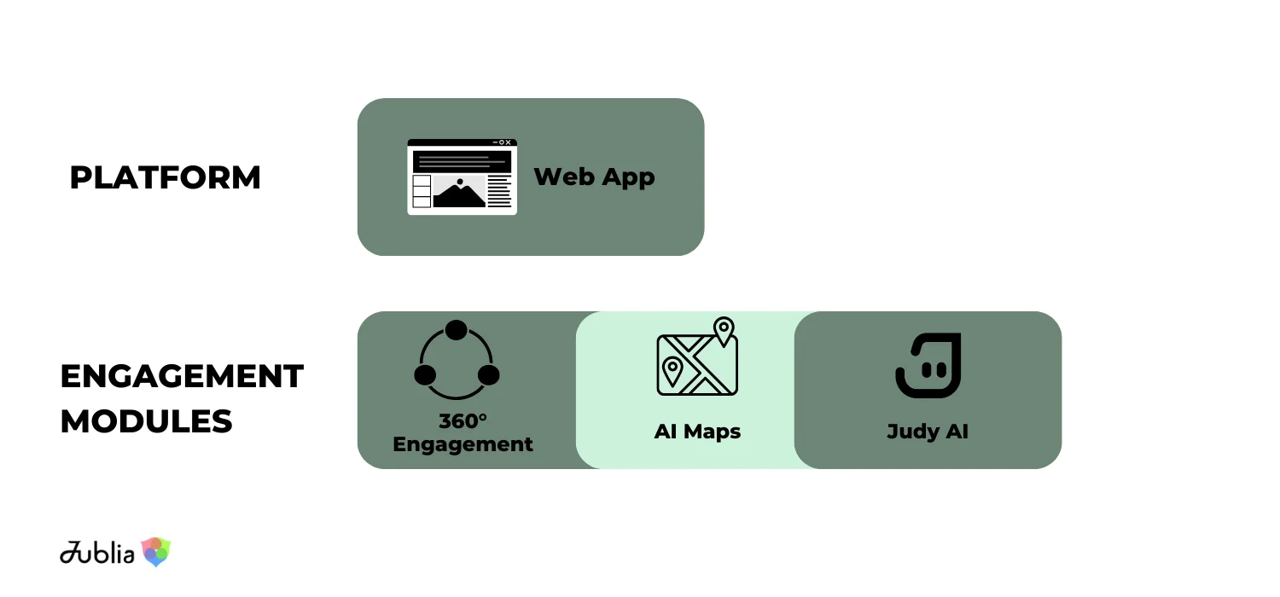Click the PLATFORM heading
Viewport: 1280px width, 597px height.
point(165,177)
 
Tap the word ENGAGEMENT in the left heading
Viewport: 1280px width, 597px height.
point(182,376)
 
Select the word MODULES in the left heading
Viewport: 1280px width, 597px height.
point(146,421)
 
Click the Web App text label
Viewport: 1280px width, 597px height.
point(594,177)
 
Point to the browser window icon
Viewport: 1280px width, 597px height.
point(462,177)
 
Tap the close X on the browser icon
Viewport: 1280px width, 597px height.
point(509,142)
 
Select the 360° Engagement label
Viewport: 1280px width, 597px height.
point(463,432)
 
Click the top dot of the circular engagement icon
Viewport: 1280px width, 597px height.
point(457,330)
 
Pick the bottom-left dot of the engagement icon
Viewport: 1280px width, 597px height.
point(425,374)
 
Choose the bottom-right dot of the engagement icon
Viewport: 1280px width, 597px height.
point(488,374)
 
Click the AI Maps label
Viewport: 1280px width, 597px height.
point(697,432)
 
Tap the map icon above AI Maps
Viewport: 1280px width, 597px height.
point(696,358)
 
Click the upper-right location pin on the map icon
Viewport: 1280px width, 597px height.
point(724,329)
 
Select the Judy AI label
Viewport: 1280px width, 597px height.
point(928,432)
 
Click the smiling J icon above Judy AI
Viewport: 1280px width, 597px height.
point(928,365)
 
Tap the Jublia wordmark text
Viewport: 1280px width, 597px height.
point(97,554)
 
